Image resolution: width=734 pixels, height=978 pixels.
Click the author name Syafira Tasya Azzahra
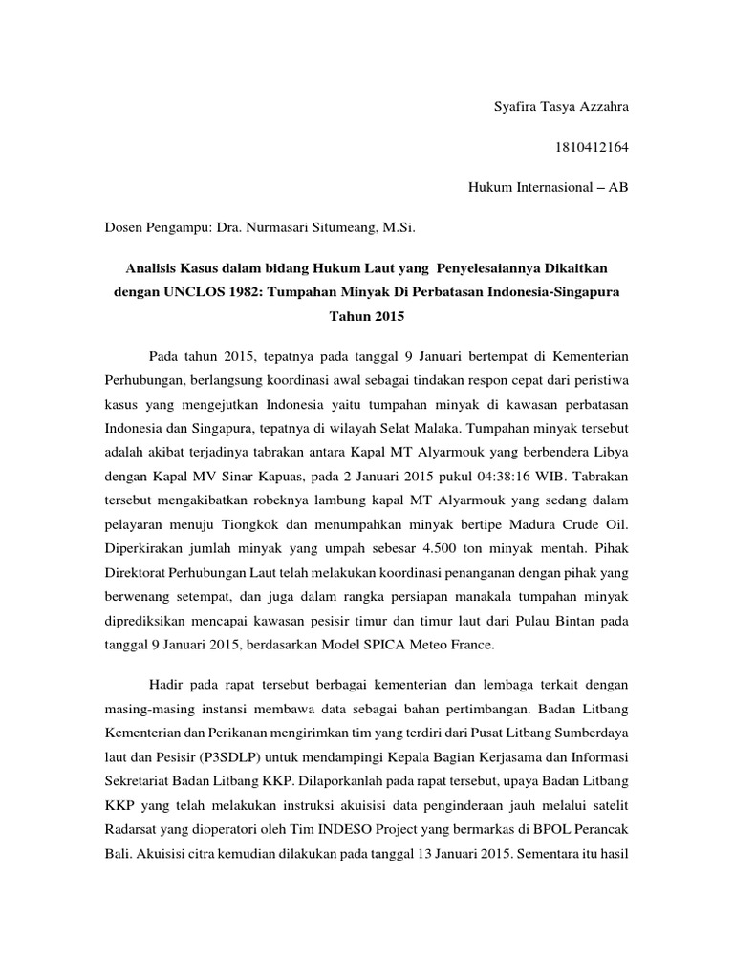pyautogui.click(x=555, y=106)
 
